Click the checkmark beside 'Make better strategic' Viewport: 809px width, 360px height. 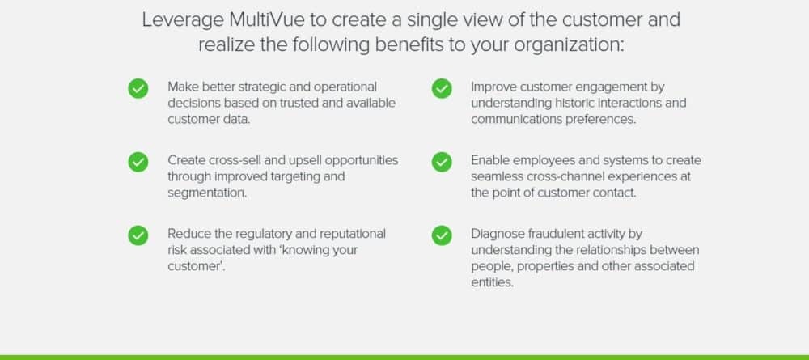[138, 89]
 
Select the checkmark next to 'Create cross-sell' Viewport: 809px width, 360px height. [138, 163]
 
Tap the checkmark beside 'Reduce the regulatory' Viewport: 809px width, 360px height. [138, 235]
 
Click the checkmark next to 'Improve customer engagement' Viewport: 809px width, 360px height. [442, 89]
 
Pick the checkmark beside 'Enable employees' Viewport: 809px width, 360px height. [442, 163]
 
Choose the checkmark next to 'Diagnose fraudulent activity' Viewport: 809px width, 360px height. [442, 235]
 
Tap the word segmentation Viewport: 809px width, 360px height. [207, 193]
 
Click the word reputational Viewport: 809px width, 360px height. [353, 235]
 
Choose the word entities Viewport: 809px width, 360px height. [492, 283]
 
